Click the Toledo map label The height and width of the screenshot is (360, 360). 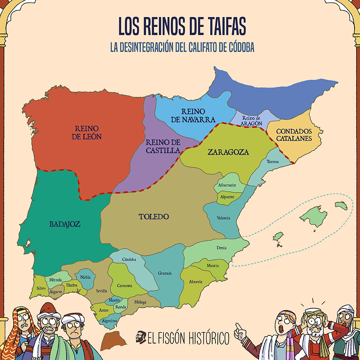click(154, 217)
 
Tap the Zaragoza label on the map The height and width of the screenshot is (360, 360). click(228, 152)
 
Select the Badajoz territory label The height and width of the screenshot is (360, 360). click(65, 224)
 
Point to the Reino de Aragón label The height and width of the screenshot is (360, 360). click(253, 121)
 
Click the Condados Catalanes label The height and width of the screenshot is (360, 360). click(294, 135)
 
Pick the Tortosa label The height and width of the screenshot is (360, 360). click(273, 162)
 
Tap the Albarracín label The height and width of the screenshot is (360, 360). click(227, 185)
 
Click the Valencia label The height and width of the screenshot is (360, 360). click(223, 218)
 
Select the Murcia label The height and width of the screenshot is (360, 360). click(213, 266)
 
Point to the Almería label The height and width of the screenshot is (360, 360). click(196, 282)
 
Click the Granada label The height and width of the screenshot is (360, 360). click(165, 273)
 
